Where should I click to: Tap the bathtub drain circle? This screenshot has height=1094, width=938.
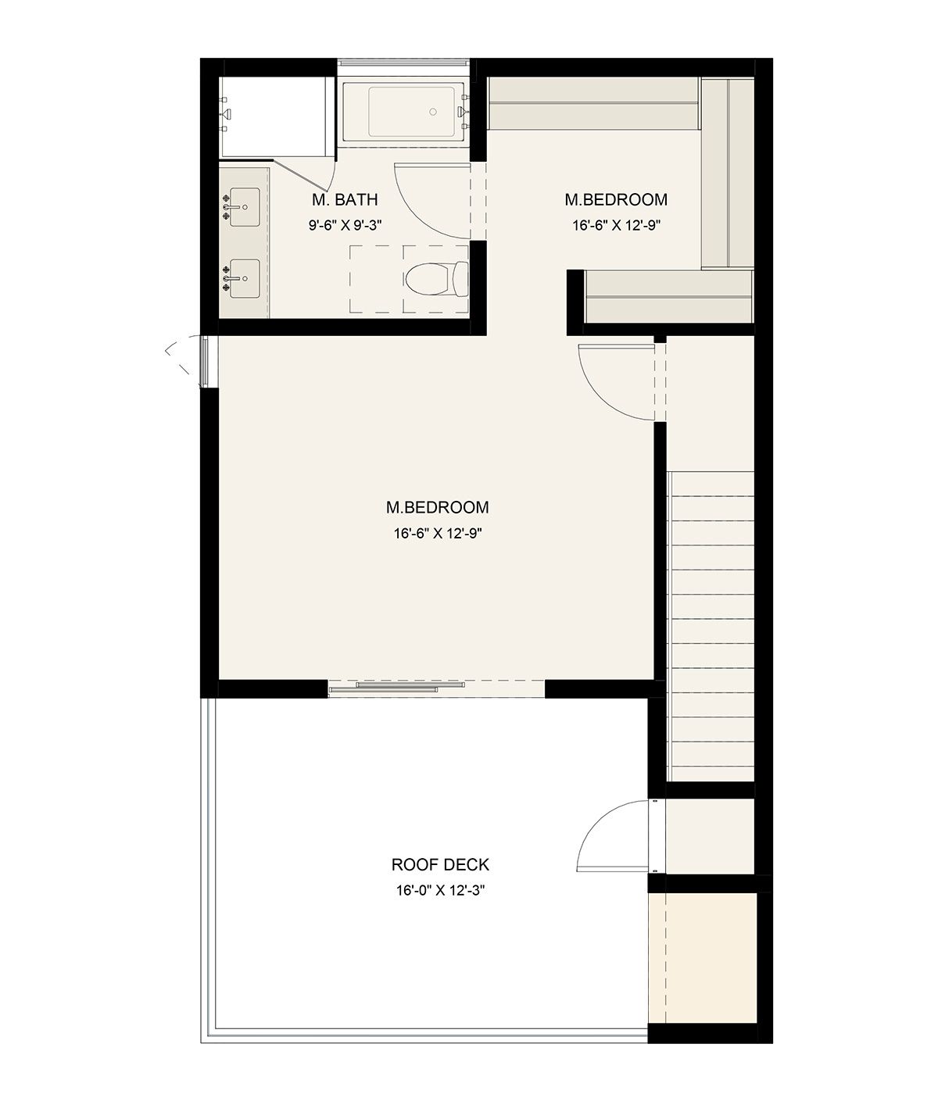(x=433, y=112)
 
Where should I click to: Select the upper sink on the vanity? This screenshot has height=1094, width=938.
(x=245, y=208)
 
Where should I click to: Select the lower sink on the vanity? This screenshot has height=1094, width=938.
(x=245, y=278)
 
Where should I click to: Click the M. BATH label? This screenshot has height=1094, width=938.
(x=345, y=199)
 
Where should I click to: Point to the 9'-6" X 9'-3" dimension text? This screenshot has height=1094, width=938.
(x=345, y=226)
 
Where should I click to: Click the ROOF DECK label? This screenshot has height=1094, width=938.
(x=440, y=865)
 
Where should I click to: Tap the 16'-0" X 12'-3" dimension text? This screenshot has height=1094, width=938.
(x=440, y=891)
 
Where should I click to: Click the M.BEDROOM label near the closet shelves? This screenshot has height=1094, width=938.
(x=616, y=199)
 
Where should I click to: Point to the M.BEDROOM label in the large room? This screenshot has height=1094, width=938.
(x=437, y=507)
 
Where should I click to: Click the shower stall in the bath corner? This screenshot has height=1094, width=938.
(x=277, y=117)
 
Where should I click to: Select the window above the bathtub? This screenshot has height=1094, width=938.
(x=403, y=63)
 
